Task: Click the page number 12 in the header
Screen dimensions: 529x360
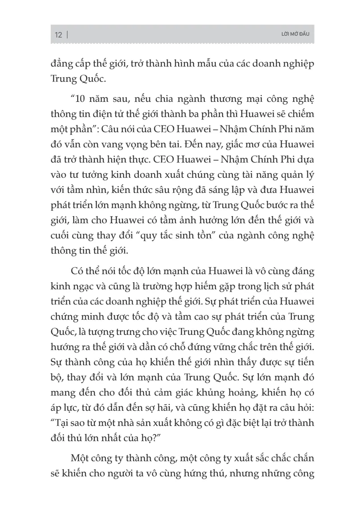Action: click(58, 35)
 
